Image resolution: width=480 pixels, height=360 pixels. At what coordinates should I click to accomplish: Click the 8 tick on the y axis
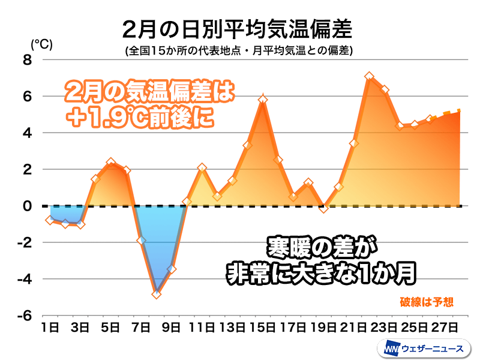pos(28,59)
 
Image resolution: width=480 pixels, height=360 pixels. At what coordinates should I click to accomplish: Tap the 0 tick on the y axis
pos(28,206)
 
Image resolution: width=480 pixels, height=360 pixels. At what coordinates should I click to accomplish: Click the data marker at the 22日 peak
pos(370,76)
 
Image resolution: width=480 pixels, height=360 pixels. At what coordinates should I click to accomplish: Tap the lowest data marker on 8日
pos(157,295)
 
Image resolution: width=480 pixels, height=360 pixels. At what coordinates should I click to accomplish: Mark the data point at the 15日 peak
pos(263,100)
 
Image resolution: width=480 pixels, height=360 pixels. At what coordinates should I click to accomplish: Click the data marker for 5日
pos(111,163)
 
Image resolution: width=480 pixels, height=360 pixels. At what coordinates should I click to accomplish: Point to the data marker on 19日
pos(324,208)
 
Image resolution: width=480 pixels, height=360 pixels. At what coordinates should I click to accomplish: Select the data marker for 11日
pos(202,167)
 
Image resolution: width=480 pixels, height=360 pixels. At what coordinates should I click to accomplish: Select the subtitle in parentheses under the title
pos(239,51)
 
